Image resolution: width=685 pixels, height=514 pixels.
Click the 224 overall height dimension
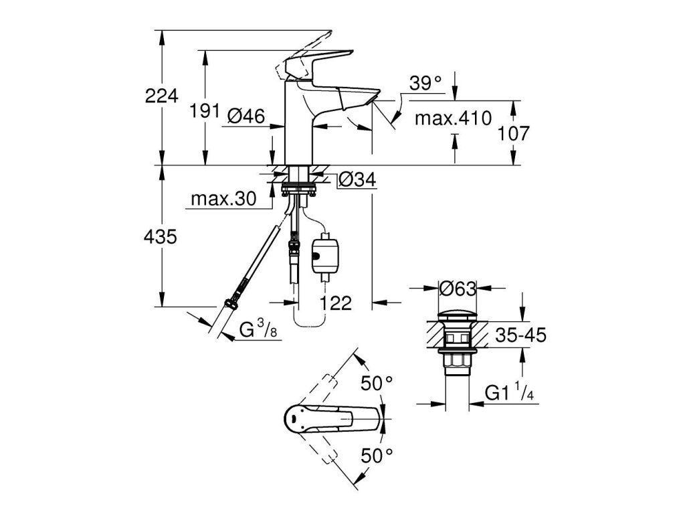click(162, 96)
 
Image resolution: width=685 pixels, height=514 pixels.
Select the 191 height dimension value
click(205, 111)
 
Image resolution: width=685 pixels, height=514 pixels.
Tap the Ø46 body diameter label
click(246, 116)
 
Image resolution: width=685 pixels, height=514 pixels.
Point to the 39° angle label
click(425, 83)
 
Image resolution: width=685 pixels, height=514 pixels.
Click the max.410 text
click(453, 118)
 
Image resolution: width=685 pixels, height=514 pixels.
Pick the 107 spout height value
click(514, 133)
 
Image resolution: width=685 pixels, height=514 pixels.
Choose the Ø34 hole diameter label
click(357, 179)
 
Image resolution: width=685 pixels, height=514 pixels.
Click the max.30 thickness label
click(223, 199)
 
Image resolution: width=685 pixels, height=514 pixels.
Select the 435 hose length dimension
click(161, 237)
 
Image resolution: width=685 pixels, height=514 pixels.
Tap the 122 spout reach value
click(336, 303)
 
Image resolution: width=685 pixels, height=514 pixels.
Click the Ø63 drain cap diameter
click(458, 288)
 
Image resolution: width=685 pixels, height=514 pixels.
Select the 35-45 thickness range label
click(520, 335)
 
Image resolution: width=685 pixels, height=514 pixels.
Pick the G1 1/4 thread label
click(509, 392)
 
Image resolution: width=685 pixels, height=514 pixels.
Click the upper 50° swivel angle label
click(377, 383)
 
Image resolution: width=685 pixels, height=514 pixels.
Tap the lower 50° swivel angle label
click(377, 456)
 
